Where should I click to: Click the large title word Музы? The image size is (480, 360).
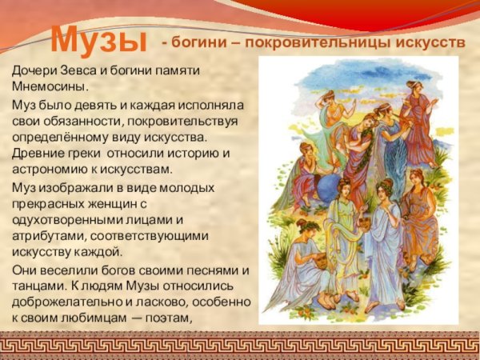(x=99, y=38)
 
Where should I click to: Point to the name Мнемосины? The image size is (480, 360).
(x=49, y=86)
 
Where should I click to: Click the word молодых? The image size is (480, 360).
(x=187, y=187)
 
